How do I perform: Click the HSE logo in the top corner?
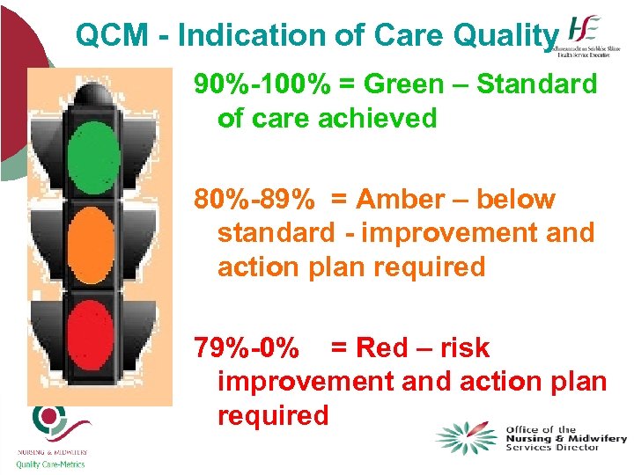(x=587, y=35)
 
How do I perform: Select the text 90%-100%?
(x=262, y=84)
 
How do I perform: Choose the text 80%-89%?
(x=254, y=200)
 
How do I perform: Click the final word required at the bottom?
(x=272, y=414)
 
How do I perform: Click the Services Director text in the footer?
(x=552, y=447)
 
